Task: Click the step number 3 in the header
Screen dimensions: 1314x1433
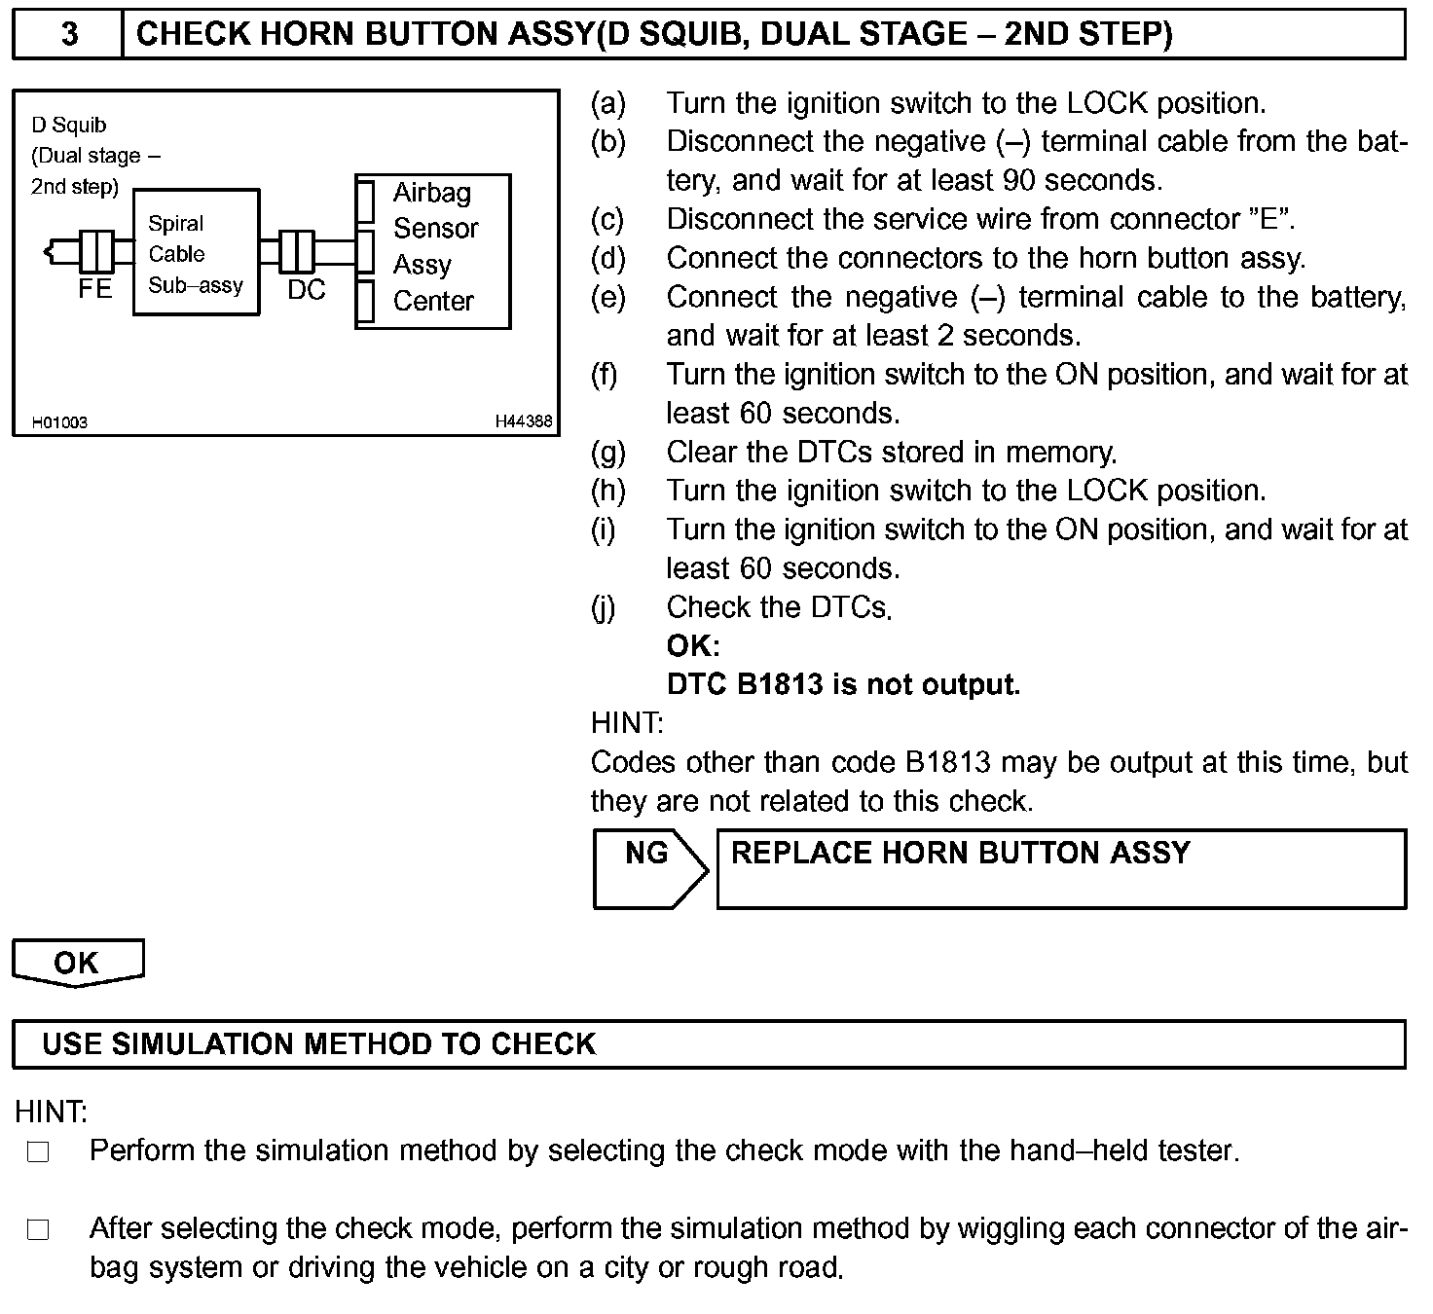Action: tap(69, 34)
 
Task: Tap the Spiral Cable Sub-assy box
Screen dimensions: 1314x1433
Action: tap(196, 253)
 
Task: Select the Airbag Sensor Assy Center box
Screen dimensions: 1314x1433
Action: tap(433, 251)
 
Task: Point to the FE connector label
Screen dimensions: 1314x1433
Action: tap(95, 289)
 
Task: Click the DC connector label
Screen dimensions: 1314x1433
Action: tap(306, 290)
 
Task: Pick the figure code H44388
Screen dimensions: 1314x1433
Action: tap(524, 421)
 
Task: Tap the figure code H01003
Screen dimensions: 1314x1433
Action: tap(60, 422)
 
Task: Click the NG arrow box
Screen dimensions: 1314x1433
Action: tap(648, 867)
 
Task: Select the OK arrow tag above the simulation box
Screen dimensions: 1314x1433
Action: tap(77, 963)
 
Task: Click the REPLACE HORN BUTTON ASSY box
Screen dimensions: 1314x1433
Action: tap(1061, 868)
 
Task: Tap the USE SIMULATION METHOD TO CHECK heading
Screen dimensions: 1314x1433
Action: tap(318, 1044)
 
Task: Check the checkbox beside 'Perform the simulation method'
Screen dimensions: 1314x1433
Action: tap(38, 1152)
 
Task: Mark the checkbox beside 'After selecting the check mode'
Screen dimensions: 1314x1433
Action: tap(38, 1230)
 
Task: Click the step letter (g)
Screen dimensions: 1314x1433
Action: tap(608, 453)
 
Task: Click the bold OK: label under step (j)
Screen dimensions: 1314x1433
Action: tap(693, 646)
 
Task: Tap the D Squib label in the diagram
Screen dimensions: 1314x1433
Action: tap(69, 125)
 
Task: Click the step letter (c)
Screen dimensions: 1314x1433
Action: tap(608, 220)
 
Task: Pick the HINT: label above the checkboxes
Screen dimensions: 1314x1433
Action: tap(51, 1112)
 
